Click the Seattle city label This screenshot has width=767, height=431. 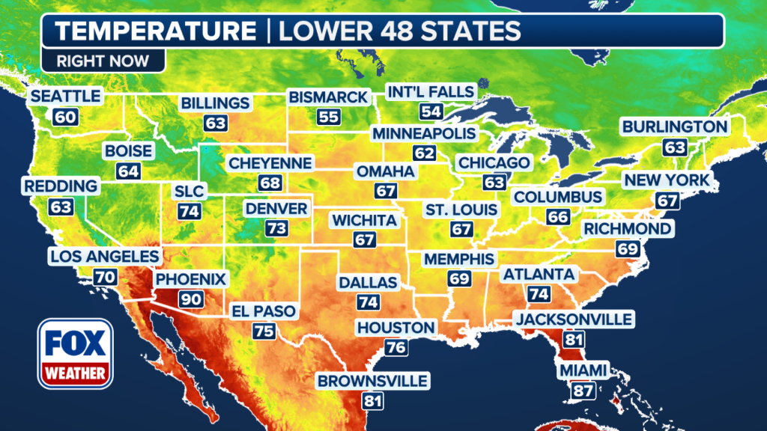point(64,96)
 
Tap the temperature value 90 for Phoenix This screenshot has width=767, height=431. point(190,299)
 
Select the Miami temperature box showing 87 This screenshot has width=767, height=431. point(582,390)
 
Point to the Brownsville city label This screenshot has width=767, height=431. point(372,382)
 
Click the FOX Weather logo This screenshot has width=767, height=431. point(75,353)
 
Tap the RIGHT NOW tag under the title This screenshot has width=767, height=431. point(103,61)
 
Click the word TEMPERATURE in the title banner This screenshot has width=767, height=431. point(155,31)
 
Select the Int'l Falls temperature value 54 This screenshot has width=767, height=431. point(431,111)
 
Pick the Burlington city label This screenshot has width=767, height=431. point(675,126)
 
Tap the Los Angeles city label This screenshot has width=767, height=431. point(104,257)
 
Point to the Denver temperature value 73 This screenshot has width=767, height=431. point(276,227)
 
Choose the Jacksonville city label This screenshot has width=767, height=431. point(574,320)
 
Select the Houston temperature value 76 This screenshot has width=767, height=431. point(395,346)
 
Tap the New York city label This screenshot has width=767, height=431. point(667,180)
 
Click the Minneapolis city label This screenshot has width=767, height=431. point(424,133)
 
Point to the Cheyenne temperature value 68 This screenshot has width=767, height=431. point(270,183)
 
